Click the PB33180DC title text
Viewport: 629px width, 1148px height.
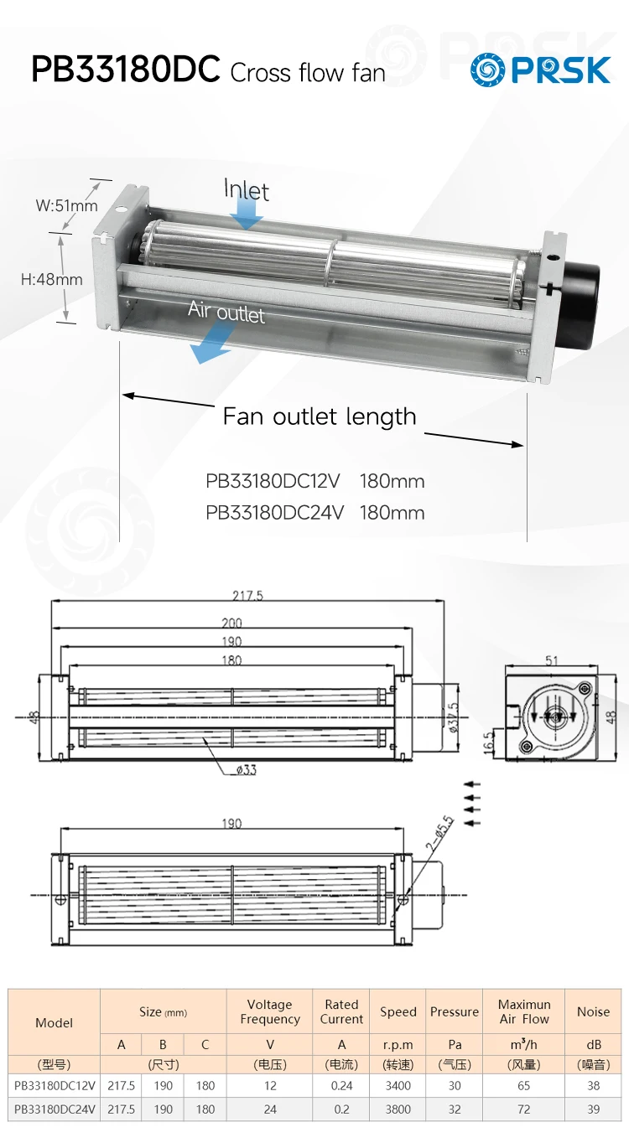pos(126,70)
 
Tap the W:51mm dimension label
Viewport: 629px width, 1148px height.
pos(66,205)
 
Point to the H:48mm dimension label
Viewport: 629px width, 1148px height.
pos(51,279)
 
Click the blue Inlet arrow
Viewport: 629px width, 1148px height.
pos(247,217)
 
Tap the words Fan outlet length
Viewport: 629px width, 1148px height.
pos(320,416)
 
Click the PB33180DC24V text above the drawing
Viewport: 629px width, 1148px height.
pos(274,513)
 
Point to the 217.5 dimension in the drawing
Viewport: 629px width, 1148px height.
pos(247,596)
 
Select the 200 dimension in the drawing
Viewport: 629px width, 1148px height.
pos(231,623)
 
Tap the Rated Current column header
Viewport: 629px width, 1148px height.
pos(341,1011)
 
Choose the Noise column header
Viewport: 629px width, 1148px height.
pos(593,1011)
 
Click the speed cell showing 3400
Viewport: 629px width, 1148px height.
pos(398,1085)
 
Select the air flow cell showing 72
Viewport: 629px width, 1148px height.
pos(523,1109)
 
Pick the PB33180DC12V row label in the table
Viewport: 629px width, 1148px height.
pos(55,1085)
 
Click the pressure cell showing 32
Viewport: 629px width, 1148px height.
pos(454,1109)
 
